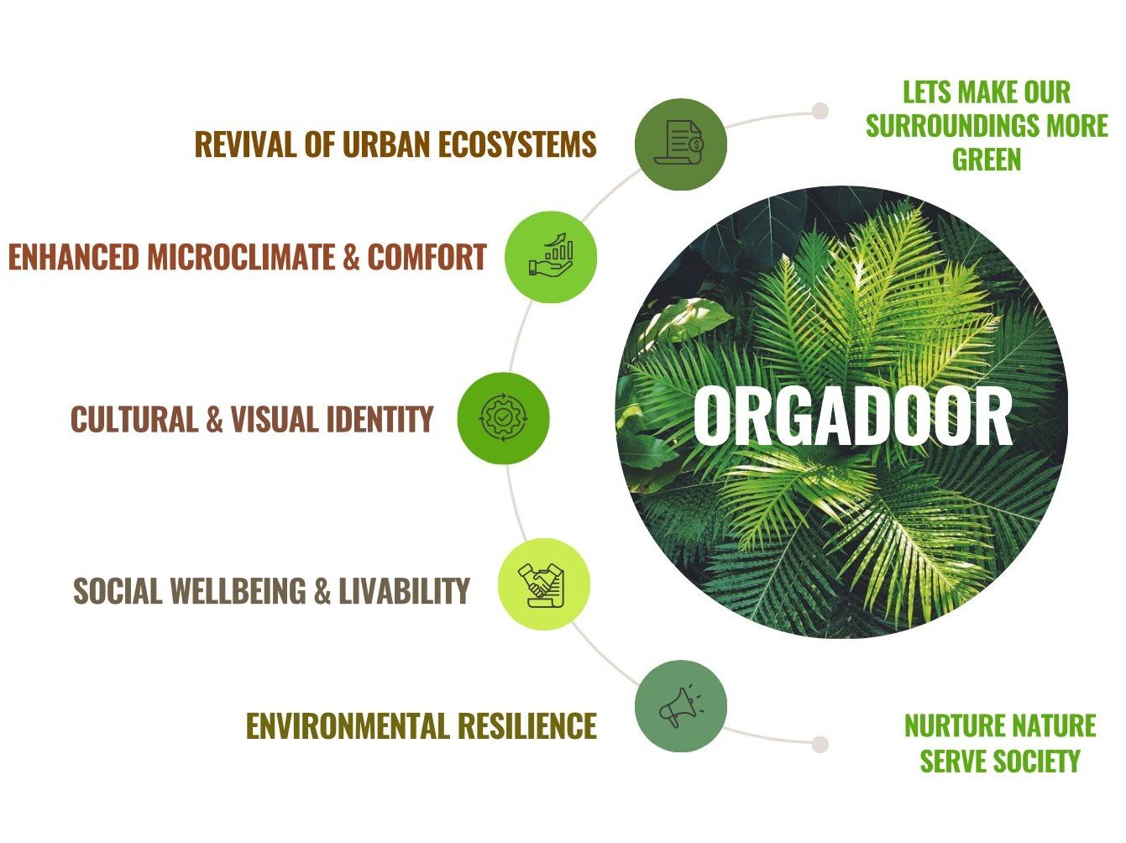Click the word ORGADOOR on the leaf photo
pos(852,416)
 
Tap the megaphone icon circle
pos(681,706)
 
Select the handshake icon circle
pos(544,584)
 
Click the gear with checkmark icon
pos(503,418)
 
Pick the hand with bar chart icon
pos(551,256)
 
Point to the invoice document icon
pos(678,143)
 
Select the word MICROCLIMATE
pos(242,256)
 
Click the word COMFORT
pos(427,256)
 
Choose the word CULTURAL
pos(134,418)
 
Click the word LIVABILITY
pos(404,590)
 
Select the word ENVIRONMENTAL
pos(348,725)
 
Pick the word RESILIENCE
pos(527,725)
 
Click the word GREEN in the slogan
pos(987,159)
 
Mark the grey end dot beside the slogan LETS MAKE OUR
pos(820,111)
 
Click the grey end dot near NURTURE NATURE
pos(820,745)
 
